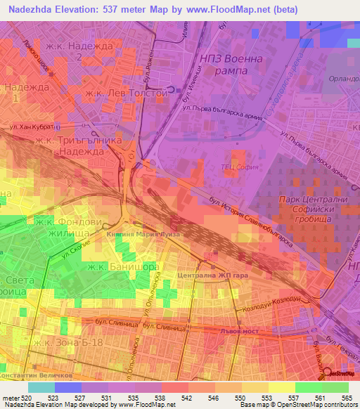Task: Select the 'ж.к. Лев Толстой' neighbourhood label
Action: (124, 93)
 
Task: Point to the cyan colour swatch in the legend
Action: (41, 387)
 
